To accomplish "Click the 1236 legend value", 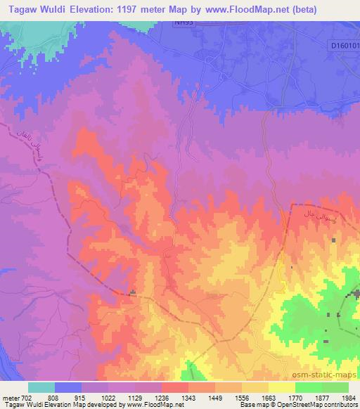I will [162, 397].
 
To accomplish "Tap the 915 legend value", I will [82, 397].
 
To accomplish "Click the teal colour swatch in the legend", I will [41, 387].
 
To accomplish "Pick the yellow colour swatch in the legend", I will [282, 387].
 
